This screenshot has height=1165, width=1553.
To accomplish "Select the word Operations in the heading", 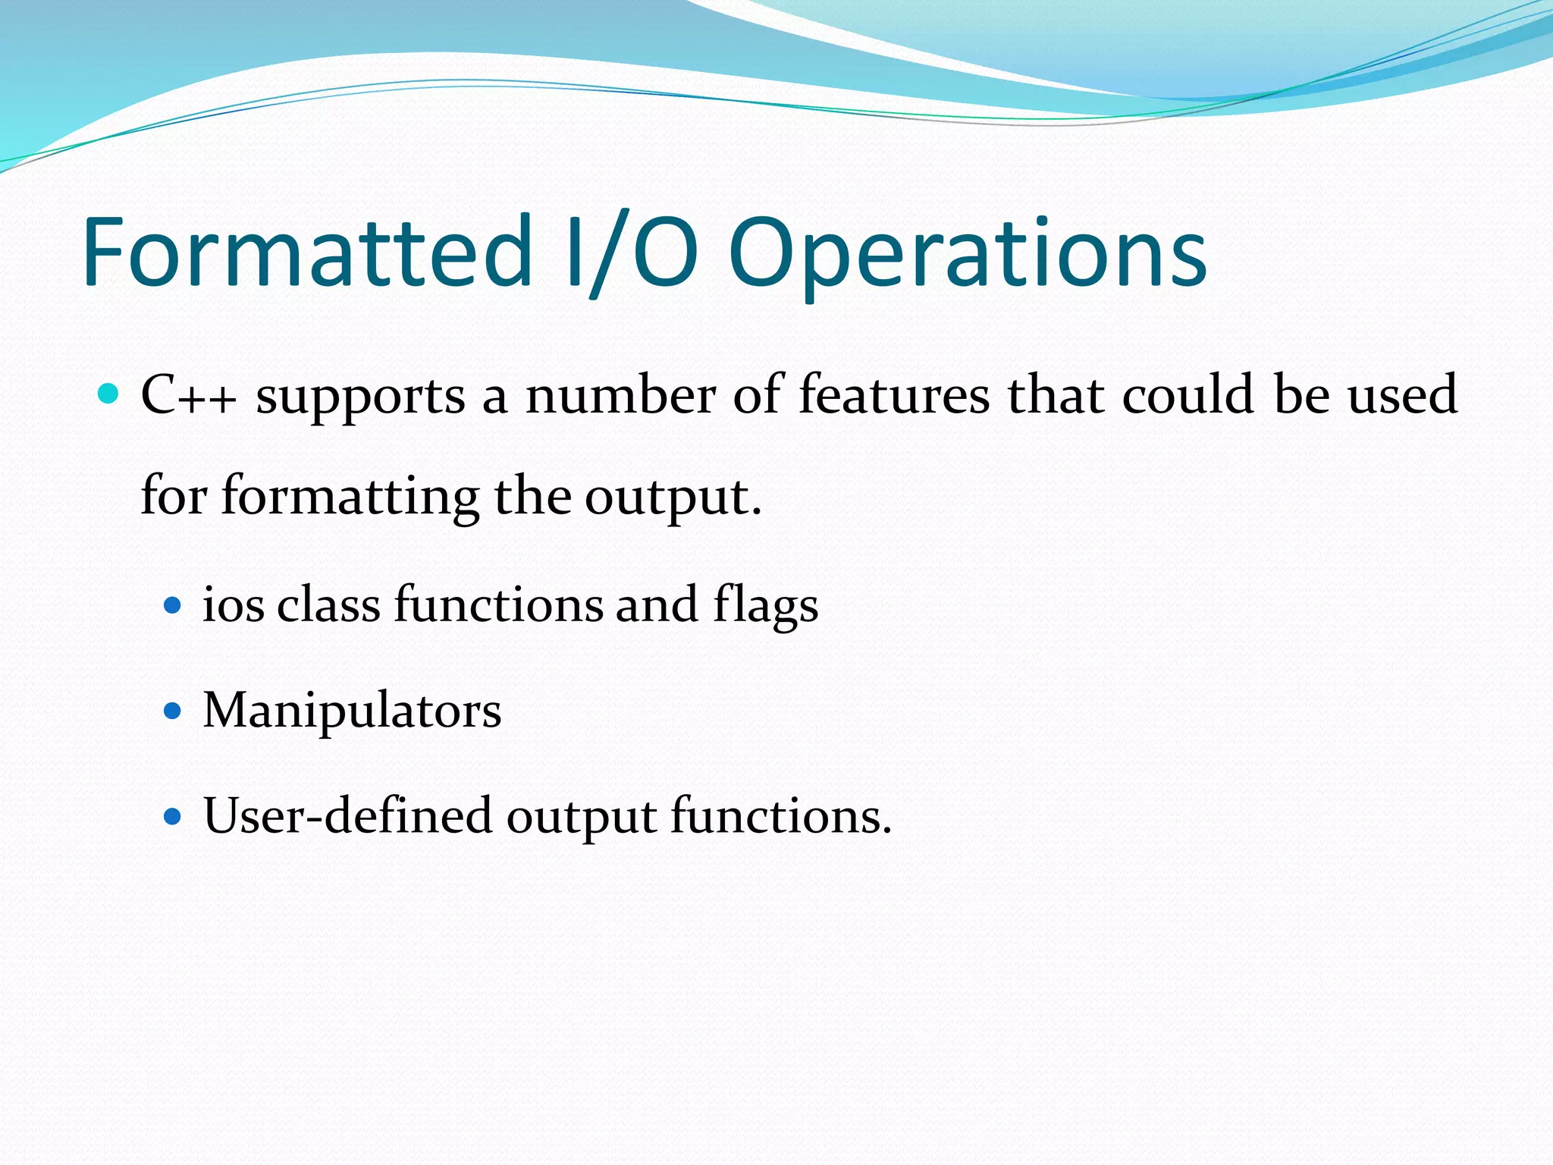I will [x=967, y=254].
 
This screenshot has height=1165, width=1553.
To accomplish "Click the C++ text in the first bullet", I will [x=189, y=395].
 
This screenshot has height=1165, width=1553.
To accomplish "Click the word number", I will [x=620, y=395].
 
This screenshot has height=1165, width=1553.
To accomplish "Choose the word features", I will [x=894, y=395].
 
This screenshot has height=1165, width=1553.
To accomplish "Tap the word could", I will [x=1187, y=395].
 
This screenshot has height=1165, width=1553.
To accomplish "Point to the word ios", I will [x=234, y=605].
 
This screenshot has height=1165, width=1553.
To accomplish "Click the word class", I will [x=328, y=605].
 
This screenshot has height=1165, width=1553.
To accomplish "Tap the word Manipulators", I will [x=352, y=711].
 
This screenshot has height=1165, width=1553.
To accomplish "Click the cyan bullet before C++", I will [x=109, y=394].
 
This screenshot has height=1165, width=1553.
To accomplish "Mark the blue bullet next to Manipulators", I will [x=174, y=711].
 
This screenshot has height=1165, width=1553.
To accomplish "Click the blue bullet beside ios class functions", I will [x=174, y=605].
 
